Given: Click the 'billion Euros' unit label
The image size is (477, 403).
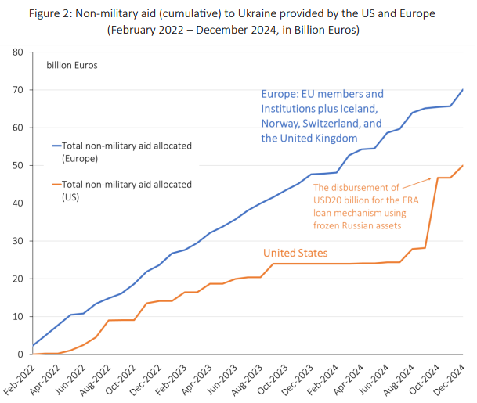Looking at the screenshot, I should coord(72,66).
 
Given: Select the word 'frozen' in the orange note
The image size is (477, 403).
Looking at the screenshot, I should coord(331,225).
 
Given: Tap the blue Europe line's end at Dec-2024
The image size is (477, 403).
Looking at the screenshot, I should coord(462,89).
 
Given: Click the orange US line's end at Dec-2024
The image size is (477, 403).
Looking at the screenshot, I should coord(462,165).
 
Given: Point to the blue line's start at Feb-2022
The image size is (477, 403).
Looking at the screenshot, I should coord(31,345).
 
